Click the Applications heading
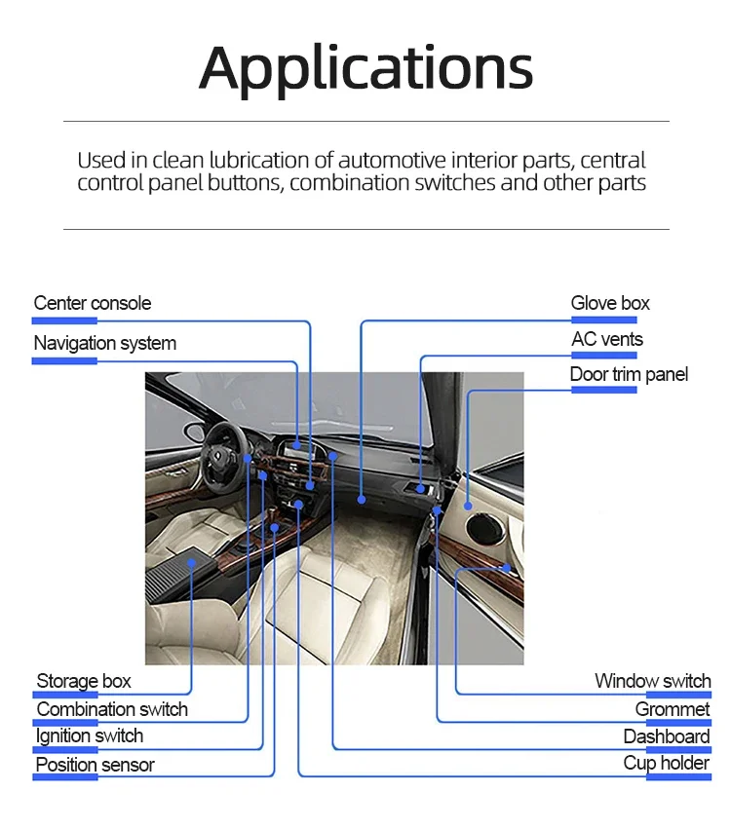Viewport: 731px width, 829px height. click(365, 69)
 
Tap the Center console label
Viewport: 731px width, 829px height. click(92, 303)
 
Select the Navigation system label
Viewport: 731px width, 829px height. click(104, 343)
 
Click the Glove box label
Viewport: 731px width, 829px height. click(610, 303)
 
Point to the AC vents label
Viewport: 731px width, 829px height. click(607, 339)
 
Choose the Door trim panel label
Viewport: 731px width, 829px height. click(629, 374)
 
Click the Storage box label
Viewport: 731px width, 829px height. click(84, 681)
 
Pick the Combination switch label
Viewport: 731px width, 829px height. click(112, 709)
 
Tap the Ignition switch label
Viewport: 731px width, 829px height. click(90, 735)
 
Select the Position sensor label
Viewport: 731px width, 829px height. click(96, 765)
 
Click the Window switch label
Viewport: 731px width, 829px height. click(653, 681)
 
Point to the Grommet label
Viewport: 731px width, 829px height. click(673, 709)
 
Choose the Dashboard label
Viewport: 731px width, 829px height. click(667, 736)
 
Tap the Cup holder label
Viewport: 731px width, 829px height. click(666, 763)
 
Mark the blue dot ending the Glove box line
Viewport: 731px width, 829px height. click(362, 499)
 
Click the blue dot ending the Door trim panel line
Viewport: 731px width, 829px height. click(468, 506)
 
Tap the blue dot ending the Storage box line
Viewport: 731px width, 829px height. click(191, 563)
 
